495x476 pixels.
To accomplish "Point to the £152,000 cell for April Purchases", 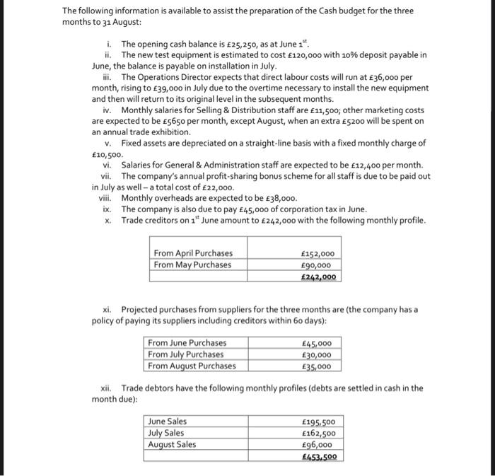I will (318, 254).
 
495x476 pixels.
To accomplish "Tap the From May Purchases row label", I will (192, 265).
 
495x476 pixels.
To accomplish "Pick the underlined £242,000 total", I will (318, 277).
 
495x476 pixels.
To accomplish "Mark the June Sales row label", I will (168, 422).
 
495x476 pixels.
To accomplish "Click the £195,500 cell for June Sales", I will (318, 422).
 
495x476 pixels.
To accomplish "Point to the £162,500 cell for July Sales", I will (318, 433).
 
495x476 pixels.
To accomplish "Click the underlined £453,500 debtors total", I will (318, 457).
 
